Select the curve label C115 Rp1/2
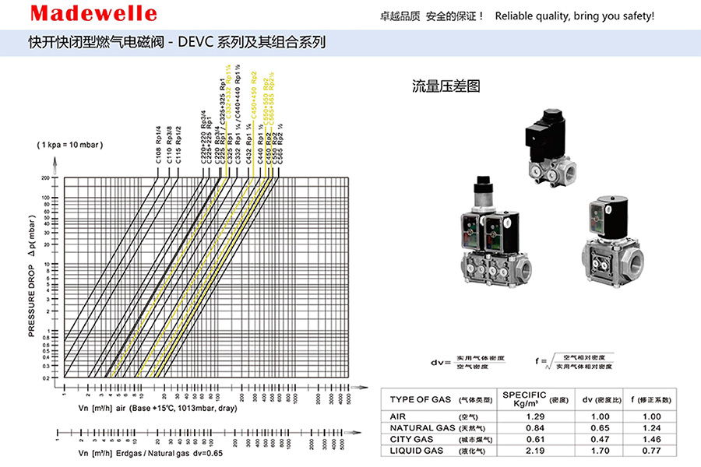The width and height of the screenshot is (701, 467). click(x=178, y=144)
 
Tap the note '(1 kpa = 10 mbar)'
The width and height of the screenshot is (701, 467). click(x=69, y=146)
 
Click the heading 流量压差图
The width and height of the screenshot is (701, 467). click(x=446, y=86)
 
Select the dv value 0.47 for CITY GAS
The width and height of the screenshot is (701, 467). click(x=589, y=439)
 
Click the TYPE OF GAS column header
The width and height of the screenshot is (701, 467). click(x=421, y=399)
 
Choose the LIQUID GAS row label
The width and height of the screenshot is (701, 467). click(x=417, y=451)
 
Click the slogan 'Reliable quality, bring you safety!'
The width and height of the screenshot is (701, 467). click(x=575, y=16)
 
